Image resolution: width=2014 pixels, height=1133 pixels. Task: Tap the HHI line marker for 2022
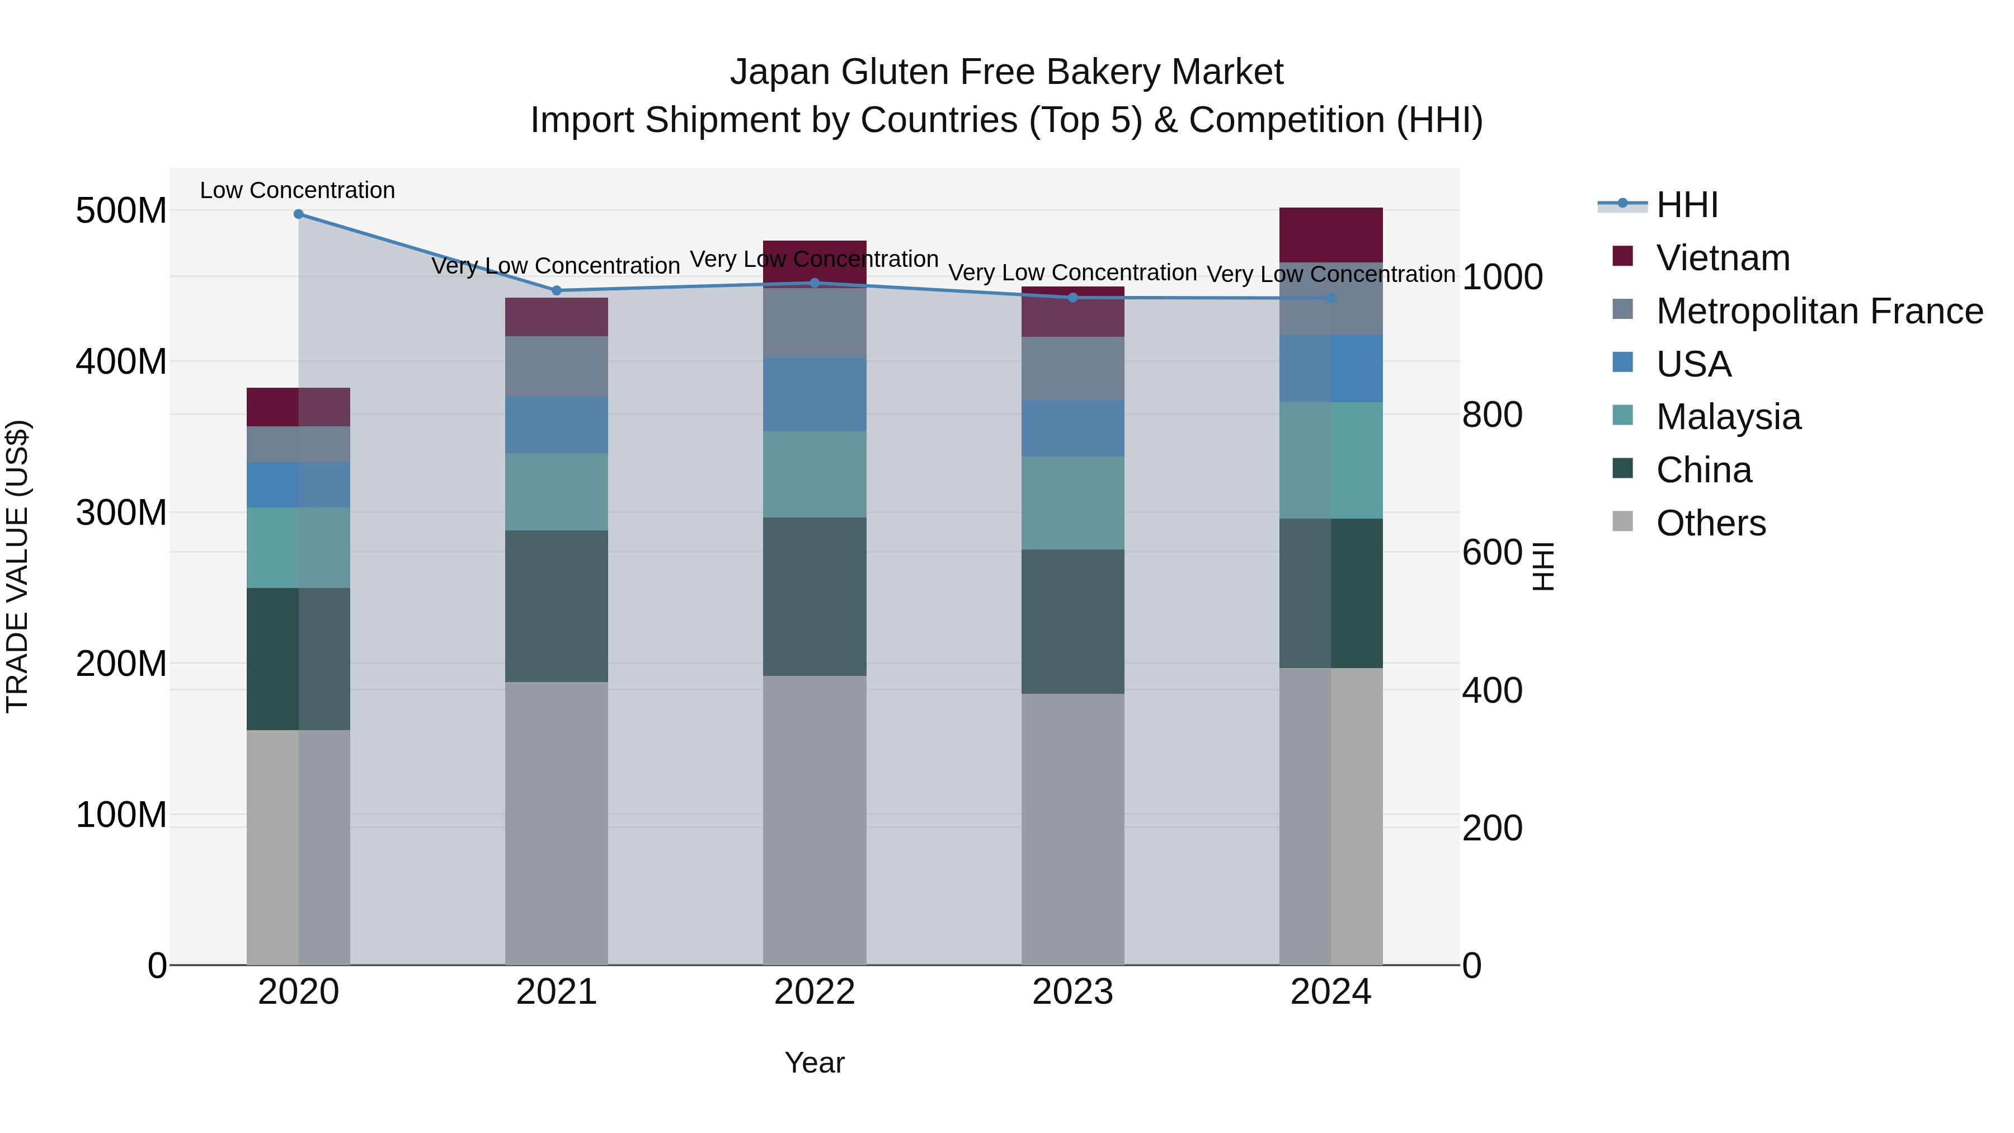(815, 283)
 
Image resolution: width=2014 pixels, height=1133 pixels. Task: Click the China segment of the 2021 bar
(556, 606)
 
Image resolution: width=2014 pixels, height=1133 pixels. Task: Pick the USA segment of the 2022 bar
(815, 395)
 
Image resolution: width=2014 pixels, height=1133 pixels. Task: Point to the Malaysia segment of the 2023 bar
(1072, 503)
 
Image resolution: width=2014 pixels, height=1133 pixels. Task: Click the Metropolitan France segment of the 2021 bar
(556, 366)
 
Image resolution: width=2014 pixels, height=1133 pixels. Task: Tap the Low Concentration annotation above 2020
(297, 191)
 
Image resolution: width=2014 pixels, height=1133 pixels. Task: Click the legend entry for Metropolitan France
(1819, 311)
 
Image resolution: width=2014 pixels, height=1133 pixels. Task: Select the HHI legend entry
(1686, 205)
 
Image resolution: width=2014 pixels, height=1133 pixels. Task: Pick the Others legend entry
(1711, 523)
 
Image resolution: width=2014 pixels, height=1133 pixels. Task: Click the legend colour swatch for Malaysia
(1622, 416)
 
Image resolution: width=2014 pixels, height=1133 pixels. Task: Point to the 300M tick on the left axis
(121, 513)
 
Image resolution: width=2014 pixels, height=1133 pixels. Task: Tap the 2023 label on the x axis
(1072, 992)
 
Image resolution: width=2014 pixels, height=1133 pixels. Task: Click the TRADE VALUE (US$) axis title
(18, 566)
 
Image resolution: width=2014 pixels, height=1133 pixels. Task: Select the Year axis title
(814, 1063)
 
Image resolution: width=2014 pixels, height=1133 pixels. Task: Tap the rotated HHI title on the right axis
(1542, 566)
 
